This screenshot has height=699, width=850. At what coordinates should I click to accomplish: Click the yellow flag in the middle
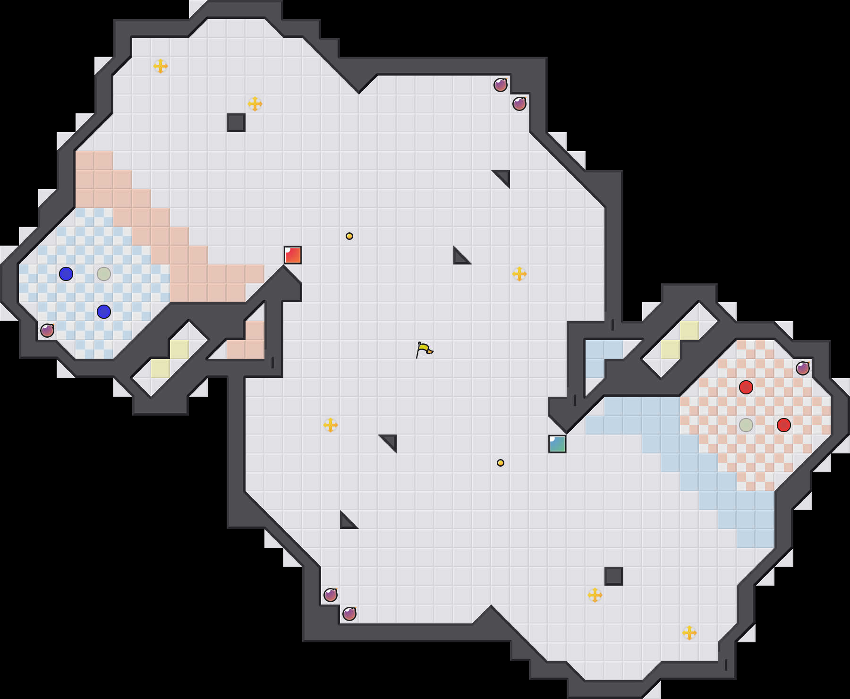pyautogui.click(x=424, y=349)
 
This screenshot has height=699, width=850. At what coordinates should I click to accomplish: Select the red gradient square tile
pyautogui.click(x=293, y=255)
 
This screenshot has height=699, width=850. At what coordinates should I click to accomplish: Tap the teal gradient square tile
pyautogui.click(x=557, y=444)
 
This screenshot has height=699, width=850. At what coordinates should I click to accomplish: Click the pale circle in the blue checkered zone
pyautogui.click(x=104, y=274)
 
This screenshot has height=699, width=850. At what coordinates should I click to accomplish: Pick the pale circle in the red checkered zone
pyautogui.click(x=746, y=425)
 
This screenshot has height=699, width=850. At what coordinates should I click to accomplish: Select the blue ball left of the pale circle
pyautogui.click(x=66, y=274)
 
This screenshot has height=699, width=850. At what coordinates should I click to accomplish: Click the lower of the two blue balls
pyautogui.click(x=104, y=312)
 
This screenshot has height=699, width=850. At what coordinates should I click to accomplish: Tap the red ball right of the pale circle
pyautogui.click(x=784, y=425)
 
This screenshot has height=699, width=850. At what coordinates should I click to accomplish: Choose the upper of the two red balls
pyautogui.click(x=746, y=387)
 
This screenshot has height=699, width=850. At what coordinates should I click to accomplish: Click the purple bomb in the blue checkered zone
pyautogui.click(x=47, y=331)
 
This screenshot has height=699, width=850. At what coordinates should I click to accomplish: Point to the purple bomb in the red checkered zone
pyautogui.click(x=803, y=368)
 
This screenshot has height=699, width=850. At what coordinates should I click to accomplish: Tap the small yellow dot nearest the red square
pyautogui.click(x=349, y=236)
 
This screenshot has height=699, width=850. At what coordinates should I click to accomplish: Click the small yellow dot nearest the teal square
pyautogui.click(x=501, y=463)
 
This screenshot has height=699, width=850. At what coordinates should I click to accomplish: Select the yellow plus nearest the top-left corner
pyautogui.click(x=161, y=66)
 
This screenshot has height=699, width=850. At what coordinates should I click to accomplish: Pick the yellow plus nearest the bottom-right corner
pyautogui.click(x=689, y=633)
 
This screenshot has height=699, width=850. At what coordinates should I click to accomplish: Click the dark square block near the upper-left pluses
pyautogui.click(x=236, y=123)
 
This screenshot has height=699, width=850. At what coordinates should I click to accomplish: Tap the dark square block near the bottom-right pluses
pyautogui.click(x=614, y=576)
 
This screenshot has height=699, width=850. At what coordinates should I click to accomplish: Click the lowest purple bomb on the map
pyautogui.click(x=349, y=614)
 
